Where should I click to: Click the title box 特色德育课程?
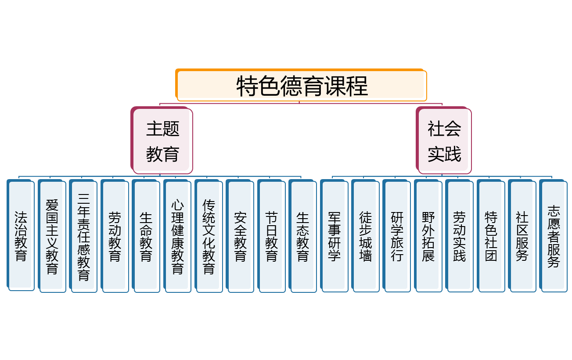[302, 85]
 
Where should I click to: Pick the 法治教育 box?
[21, 236]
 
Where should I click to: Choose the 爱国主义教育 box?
[52, 236]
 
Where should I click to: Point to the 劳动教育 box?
[115, 236]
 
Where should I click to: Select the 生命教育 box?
[146, 236]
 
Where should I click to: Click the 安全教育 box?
[240, 236]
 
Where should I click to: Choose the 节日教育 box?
[271, 236]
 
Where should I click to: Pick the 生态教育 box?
[303, 236]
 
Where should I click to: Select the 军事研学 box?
[335, 236]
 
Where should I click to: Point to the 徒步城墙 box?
[366, 236]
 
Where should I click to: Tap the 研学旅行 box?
[397, 236]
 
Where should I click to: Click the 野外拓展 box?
[428, 236]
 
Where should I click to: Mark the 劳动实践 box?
[460, 236]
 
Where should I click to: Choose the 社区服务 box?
[522, 235]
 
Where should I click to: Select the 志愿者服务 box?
[554, 235]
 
